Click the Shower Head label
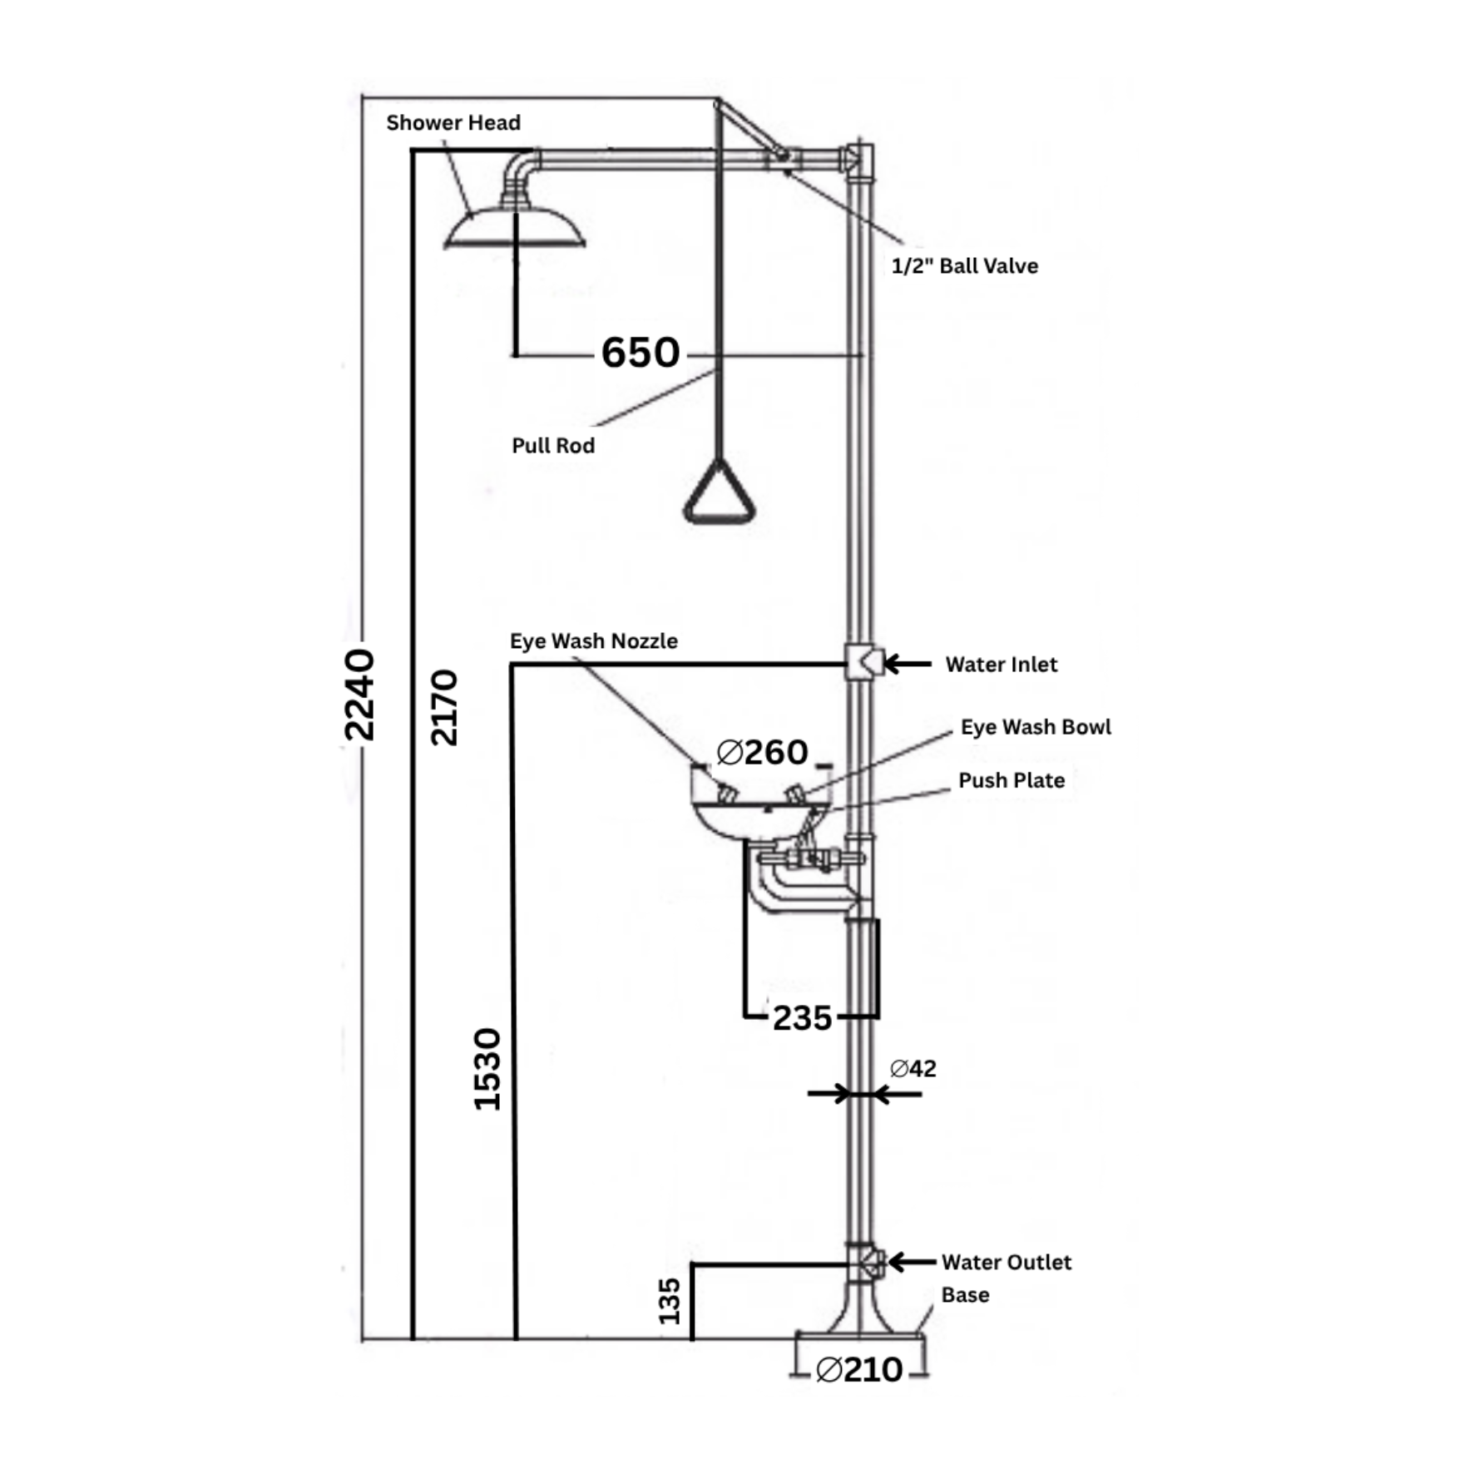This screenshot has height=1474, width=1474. [453, 123]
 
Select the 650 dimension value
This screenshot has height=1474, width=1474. [641, 353]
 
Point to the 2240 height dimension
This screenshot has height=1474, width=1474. [359, 695]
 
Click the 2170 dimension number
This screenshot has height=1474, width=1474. [444, 707]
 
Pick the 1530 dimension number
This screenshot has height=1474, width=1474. [487, 1070]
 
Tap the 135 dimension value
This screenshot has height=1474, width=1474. [670, 1302]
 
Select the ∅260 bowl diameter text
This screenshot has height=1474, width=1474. [762, 753]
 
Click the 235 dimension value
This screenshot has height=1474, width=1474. [802, 1018]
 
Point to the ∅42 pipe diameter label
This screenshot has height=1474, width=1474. [913, 1068]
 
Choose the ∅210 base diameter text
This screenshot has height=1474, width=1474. [859, 1370]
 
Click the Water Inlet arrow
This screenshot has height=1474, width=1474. [908, 664]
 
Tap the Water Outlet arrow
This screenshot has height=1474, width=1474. [912, 1262]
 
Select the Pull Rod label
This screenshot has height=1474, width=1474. [553, 446]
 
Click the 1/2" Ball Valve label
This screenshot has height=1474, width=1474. [965, 266]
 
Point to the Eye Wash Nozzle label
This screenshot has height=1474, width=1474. [594, 641]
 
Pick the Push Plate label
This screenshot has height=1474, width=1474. [1012, 780]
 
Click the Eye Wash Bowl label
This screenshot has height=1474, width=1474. [1036, 727]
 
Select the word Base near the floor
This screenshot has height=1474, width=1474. [965, 1295]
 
